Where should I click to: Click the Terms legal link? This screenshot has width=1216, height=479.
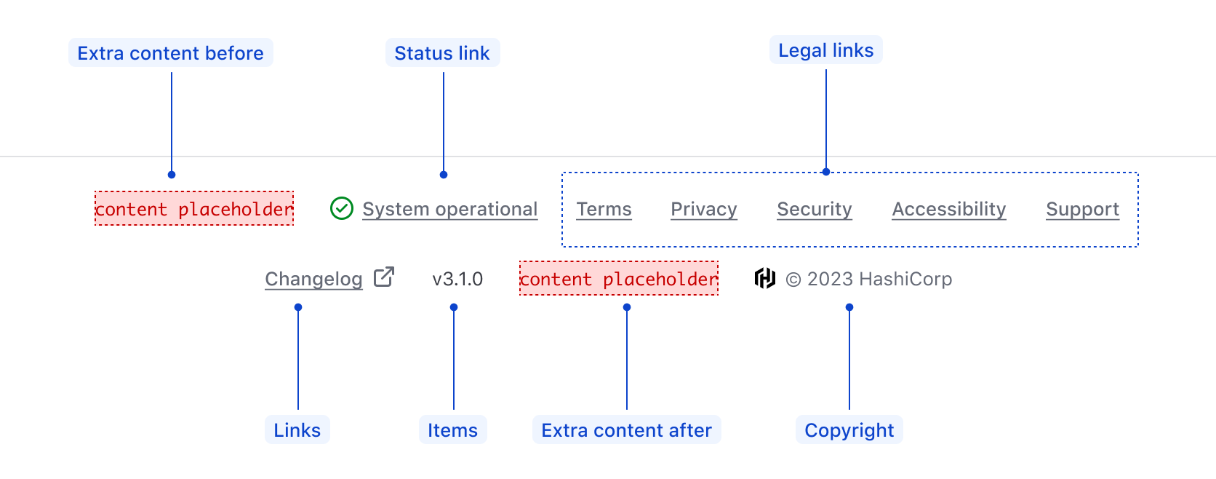[x=604, y=209]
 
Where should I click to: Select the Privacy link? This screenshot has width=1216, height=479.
[x=703, y=209]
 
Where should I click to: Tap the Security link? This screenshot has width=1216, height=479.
[x=814, y=209]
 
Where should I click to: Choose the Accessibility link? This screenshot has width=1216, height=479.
[x=948, y=209]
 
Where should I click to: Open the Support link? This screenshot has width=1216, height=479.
[x=1082, y=209]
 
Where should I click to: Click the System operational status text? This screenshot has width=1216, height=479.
[x=449, y=209]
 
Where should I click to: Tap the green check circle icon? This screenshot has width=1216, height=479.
[x=342, y=208]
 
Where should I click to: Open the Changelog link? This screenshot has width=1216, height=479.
[x=313, y=279]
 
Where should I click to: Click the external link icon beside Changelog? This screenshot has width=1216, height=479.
[x=383, y=277]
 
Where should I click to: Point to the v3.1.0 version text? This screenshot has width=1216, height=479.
[x=457, y=279]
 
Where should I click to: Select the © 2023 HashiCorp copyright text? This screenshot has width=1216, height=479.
[x=868, y=279]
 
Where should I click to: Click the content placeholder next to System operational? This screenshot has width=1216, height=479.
[x=194, y=209]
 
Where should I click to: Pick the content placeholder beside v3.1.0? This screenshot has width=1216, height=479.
[x=619, y=279]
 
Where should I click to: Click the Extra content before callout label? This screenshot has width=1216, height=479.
[x=171, y=53]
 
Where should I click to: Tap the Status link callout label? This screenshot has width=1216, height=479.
[x=442, y=53]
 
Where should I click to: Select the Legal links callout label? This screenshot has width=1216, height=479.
[x=825, y=50]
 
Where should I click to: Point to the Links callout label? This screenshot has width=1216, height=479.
[x=297, y=430]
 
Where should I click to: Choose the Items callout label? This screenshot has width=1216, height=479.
[x=452, y=430]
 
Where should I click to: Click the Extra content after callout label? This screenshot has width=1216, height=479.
[x=626, y=430]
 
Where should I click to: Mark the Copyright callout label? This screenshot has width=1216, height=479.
[x=849, y=430]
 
